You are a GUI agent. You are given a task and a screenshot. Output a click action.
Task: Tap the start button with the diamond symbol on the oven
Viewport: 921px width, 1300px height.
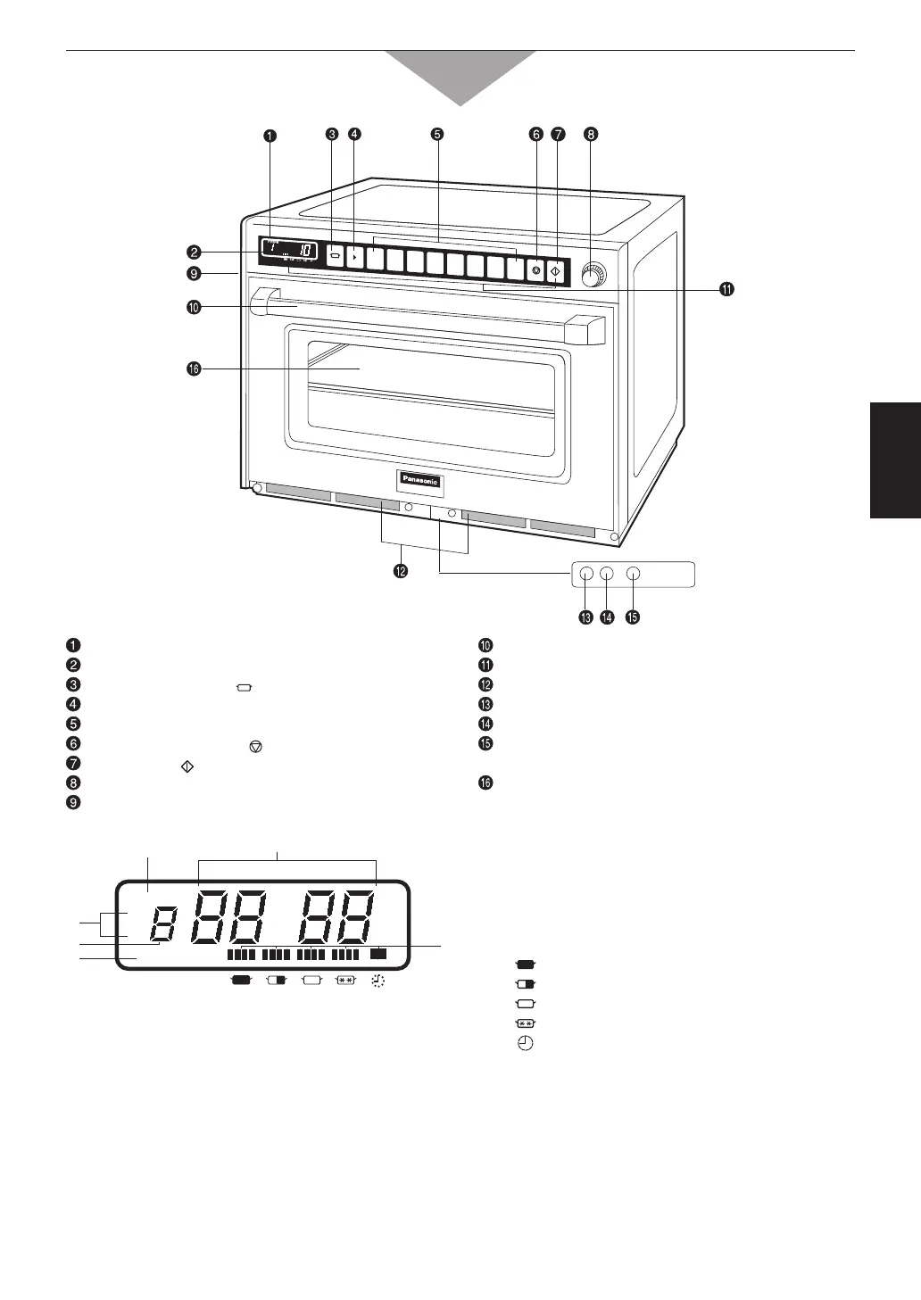556,269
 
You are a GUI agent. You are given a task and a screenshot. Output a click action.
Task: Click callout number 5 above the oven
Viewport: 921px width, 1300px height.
436,135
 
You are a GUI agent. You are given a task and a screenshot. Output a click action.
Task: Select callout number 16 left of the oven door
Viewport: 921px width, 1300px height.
193,368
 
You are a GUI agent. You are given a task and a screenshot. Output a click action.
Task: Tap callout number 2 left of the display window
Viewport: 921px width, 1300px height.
193,253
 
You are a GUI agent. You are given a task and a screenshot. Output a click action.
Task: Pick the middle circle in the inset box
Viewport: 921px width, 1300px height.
606,574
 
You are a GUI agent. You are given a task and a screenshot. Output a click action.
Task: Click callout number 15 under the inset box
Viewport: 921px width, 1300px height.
633,617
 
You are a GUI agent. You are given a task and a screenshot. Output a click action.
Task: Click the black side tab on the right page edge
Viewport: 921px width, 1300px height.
895,460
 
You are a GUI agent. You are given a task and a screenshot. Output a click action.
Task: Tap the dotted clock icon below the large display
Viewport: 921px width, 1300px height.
379,981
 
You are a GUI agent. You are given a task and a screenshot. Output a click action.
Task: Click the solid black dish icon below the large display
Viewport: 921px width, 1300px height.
240,980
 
